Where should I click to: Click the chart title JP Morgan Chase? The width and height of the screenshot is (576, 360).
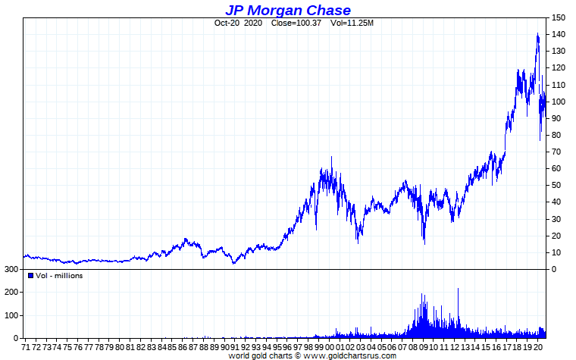pyautogui.click(x=287, y=10)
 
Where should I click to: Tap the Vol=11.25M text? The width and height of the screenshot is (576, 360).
pyautogui.click(x=352, y=23)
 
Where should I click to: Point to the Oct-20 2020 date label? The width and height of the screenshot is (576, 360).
pyautogui.click(x=237, y=23)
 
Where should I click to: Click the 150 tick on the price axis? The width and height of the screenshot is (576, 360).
pyautogui.click(x=559, y=17)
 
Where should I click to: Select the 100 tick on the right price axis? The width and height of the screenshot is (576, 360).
pyautogui.click(x=559, y=102)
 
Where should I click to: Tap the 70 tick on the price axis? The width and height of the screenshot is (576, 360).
pyautogui.click(x=556, y=152)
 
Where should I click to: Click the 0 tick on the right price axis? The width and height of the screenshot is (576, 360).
pyautogui.click(x=554, y=269)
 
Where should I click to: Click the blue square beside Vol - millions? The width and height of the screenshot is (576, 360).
pyautogui.click(x=30, y=275)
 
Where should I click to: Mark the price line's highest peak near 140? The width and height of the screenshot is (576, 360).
pyautogui.click(x=537, y=34)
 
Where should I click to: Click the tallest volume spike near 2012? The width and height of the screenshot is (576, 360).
pyautogui.click(x=458, y=290)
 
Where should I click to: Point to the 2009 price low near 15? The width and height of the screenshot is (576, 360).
pyautogui.click(x=424, y=243)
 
